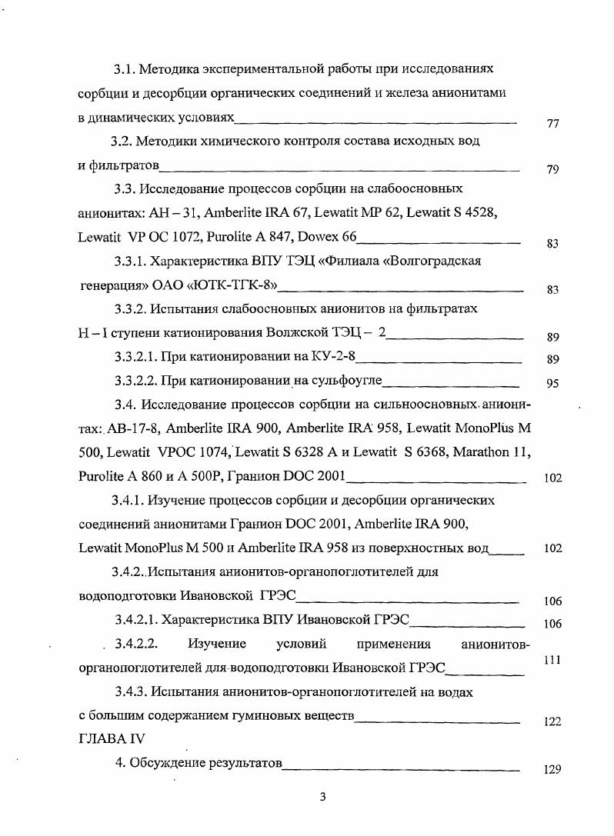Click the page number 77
[x=552, y=125]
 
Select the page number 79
[x=552, y=170]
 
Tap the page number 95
[x=552, y=384]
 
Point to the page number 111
[x=552, y=660]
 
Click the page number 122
[x=552, y=721]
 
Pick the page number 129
[x=552, y=769]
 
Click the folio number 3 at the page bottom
[x=323, y=797]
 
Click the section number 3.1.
[x=126, y=70]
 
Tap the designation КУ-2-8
[x=335, y=358]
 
